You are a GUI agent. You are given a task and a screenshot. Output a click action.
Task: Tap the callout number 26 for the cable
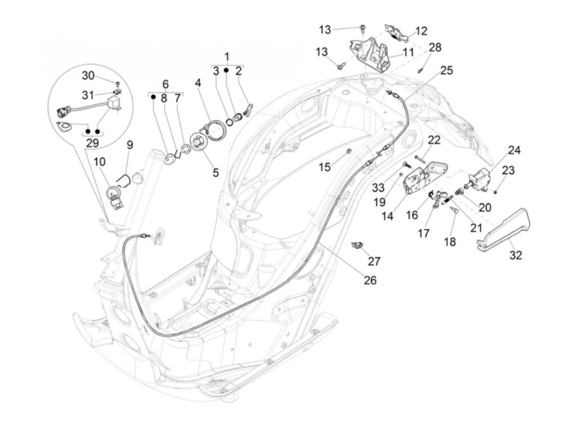[x=370, y=280]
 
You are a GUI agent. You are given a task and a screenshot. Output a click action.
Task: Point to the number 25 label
[x=446, y=70]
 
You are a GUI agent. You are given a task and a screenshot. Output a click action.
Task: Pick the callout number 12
[x=421, y=31]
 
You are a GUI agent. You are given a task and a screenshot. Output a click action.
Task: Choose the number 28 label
[x=435, y=47]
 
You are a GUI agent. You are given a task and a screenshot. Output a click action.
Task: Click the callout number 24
[x=514, y=150]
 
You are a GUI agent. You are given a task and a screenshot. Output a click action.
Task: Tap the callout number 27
[x=374, y=261]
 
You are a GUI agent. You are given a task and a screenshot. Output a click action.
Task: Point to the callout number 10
[x=100, y=162]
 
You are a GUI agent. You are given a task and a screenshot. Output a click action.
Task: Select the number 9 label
[x=130, y=145]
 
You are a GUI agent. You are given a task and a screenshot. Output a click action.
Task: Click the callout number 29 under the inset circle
[x=93, y=143]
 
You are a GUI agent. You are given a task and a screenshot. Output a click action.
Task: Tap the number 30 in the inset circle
[x=88, y=75]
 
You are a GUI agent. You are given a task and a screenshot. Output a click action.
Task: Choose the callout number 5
[x=215, y=172]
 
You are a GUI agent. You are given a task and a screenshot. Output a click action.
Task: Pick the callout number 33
[x=378, y=188]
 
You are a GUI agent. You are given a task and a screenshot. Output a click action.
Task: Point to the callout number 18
[x=450, y=242]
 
